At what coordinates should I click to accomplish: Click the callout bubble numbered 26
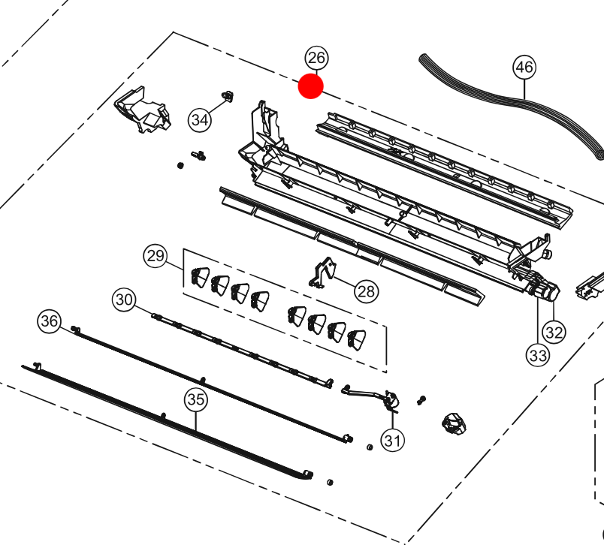point(316,58)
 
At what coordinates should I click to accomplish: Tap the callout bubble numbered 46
point(524,68)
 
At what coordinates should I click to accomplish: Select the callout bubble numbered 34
point(200,119)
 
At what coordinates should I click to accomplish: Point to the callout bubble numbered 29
point(156,257)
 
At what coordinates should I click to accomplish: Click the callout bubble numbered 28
point(367,291)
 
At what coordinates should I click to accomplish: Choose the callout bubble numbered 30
point(124,300)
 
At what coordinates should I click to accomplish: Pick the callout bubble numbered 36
point(50,322)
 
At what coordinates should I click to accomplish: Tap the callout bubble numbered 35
point(195,400)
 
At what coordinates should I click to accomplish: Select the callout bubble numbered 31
point(391,440)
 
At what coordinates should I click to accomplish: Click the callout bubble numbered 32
point(554,331)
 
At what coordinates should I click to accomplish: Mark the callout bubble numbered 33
point(537,356)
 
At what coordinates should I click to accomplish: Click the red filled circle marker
point(311,86)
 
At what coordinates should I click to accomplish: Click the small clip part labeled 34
point(225,96)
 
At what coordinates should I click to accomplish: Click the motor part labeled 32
point(547,291)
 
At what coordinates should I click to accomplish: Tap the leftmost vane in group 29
point(200,277)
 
